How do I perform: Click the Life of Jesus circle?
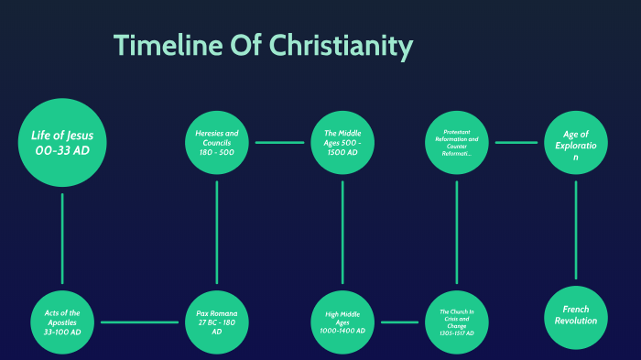tap(62, 142)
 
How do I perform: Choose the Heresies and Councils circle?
tap(217, 143)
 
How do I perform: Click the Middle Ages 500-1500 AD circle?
tap(342, 143)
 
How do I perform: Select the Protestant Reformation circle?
tap(456, 143)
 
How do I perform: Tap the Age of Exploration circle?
tap(576, 143)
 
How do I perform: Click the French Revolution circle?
tap(576, 316)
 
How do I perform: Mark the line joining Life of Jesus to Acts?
tap(62, 238)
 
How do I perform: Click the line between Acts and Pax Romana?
tap(139, 322)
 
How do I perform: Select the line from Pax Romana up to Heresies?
tap(217, 233)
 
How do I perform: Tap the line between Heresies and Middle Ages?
tap(279, 143)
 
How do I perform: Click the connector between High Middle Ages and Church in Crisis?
tap(399, 322)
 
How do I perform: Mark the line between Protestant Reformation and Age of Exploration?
tap(516, 143)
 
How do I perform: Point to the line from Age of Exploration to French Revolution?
tap(576, 229)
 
